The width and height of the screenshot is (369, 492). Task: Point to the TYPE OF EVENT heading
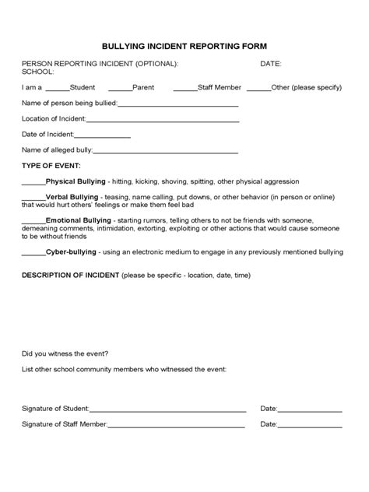tap(51, 167)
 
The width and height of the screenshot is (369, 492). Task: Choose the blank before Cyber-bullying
tap(33, 254)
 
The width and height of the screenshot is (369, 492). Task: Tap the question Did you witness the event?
tap(65, 353)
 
